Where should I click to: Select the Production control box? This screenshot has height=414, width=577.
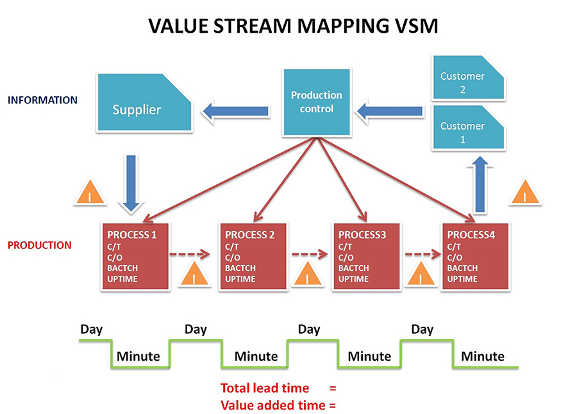(x=317, y=102)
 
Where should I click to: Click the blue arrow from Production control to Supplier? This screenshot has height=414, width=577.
(x=235, y=112)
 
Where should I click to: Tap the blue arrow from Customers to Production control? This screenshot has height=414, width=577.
(x=390, y=112)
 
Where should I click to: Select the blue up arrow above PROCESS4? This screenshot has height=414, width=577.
(x=478, y=186)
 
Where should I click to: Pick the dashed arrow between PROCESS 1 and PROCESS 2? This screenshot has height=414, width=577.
(x=190, y=254)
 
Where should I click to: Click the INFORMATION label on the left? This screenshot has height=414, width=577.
(x=42, y=100)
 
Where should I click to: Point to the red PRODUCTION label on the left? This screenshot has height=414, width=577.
(x=40, y=245)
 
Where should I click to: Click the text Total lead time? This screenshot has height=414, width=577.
(x=265, y=388)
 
